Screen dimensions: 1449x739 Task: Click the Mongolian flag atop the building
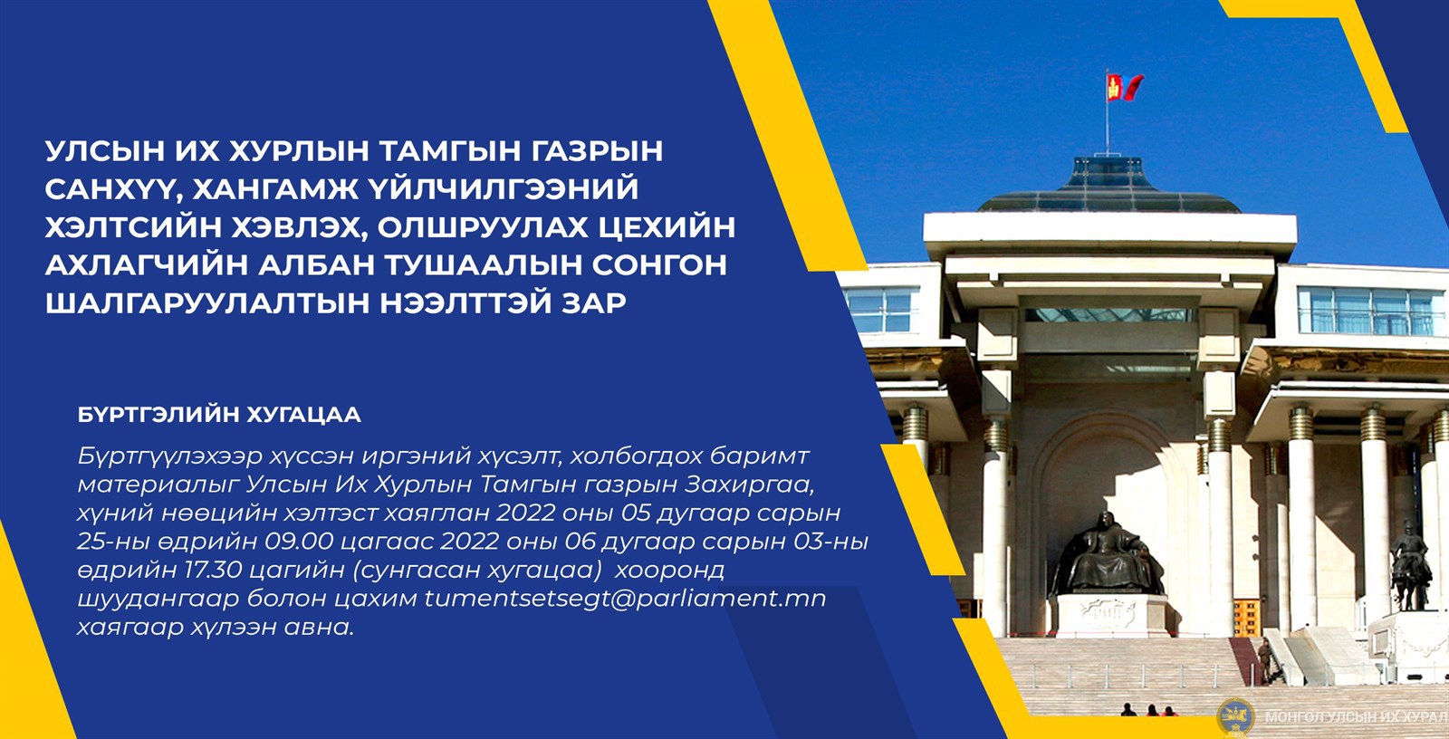click(1124, 87)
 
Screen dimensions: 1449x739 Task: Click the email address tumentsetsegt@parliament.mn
click(625, 599)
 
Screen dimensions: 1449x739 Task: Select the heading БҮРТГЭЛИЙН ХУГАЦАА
click(219, 415)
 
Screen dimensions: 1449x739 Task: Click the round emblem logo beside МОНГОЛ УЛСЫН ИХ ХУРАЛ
click(1235, 716)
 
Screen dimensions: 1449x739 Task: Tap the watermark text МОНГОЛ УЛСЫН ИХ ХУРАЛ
click(1356, 717)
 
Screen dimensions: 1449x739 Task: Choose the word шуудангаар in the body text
click(158, 600)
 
